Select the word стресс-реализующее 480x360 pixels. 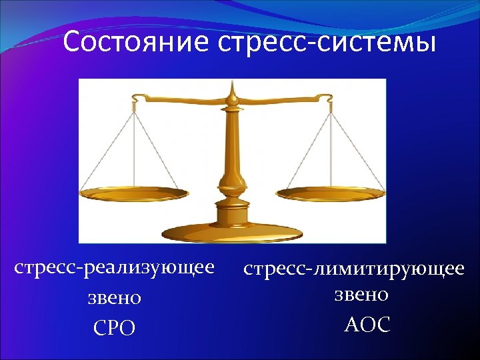click(115, 267)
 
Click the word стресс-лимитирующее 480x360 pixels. click(353, 269)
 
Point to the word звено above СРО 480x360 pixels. click(115, 297)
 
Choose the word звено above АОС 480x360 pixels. click(361, 294)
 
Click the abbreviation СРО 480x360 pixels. click(115, 328)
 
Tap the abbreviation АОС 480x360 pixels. click(367, 325)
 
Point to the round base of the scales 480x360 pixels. click(233, 230)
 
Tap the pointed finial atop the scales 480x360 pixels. click(233, 88)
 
